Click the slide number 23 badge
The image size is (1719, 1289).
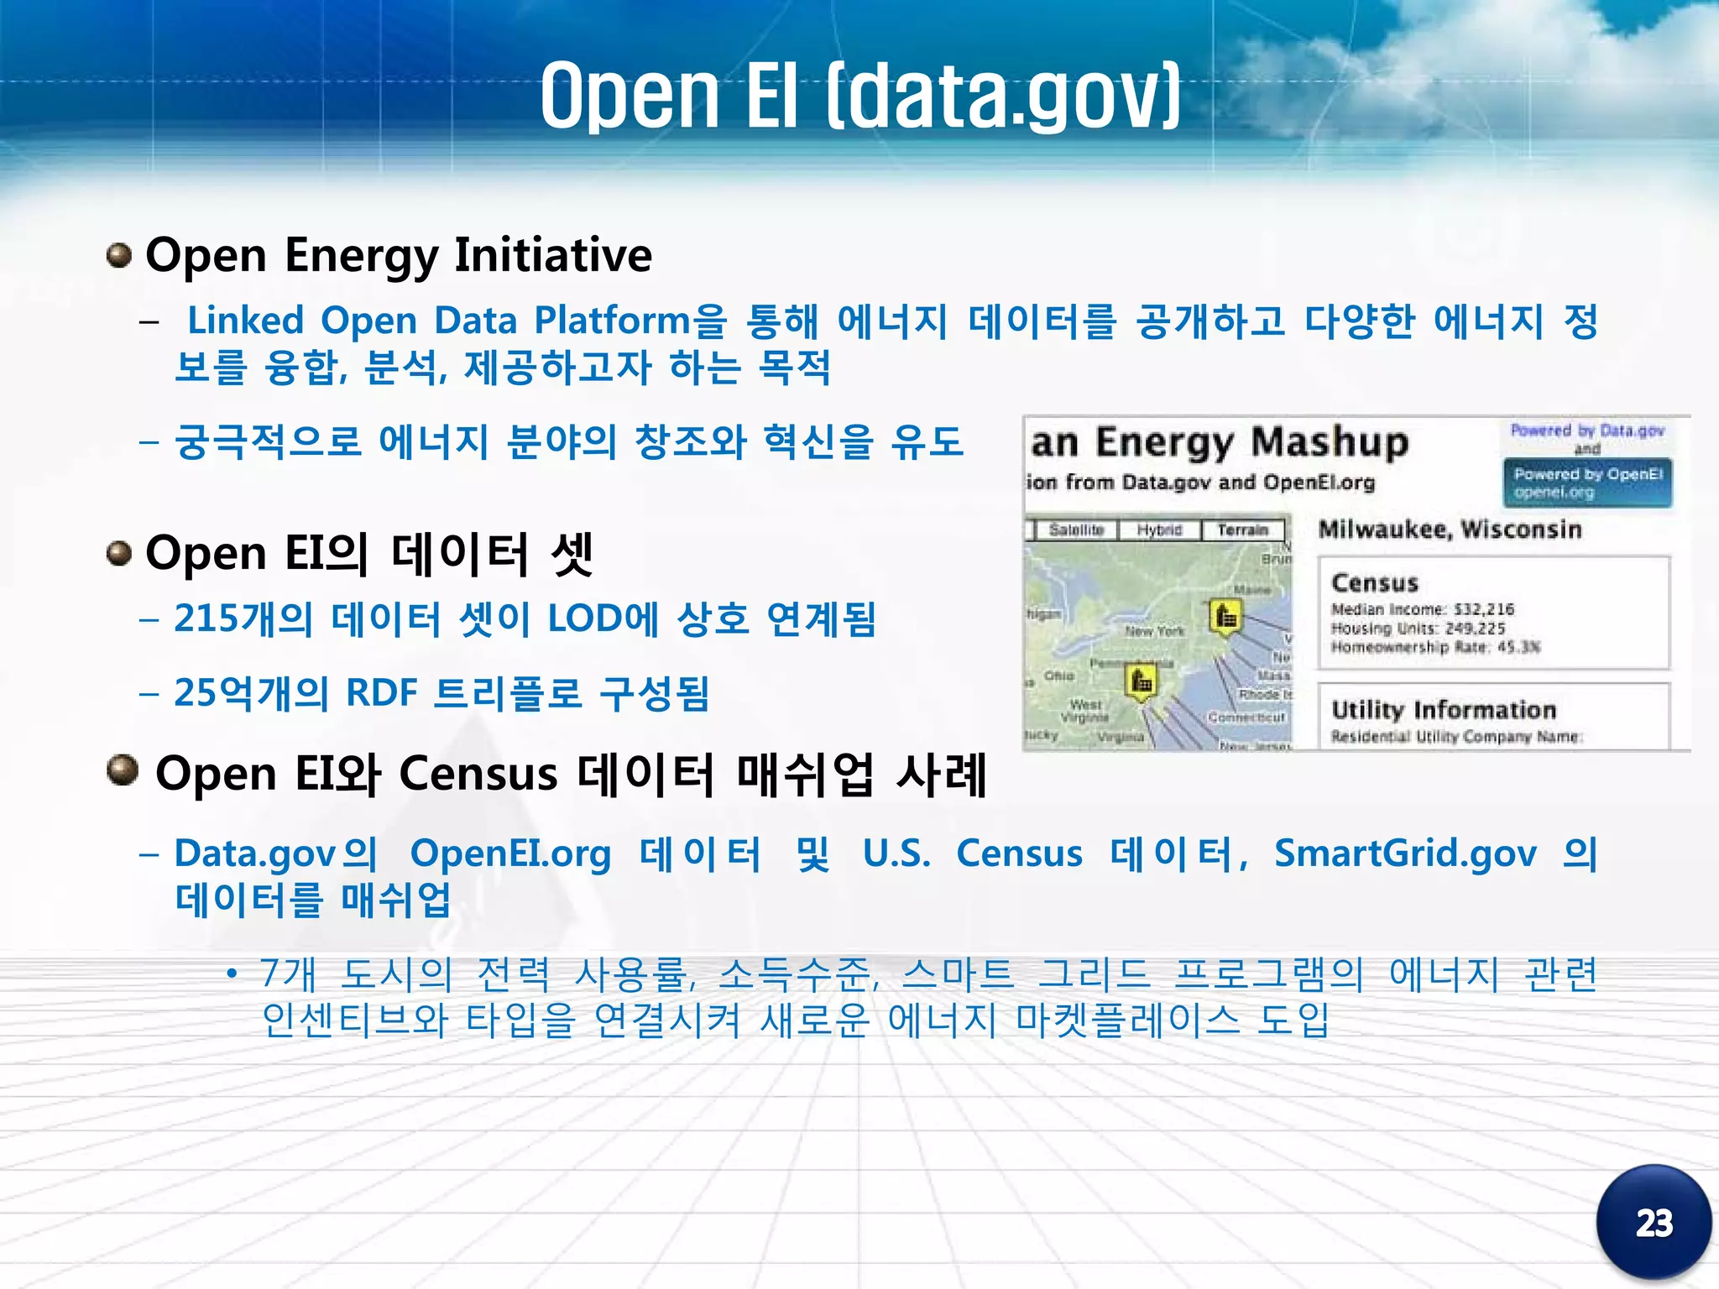click(1653, 1223)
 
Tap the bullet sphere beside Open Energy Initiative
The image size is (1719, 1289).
click(119, 255)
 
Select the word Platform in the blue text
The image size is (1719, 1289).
click(612, 321)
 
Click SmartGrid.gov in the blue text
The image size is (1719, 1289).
click(1405, 854)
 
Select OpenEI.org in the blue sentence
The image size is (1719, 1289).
click(510, 854)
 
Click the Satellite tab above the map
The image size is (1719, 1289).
click(1075, 530)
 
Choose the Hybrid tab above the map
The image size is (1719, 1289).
click(1159, 530)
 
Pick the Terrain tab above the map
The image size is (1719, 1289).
click(1242, 530)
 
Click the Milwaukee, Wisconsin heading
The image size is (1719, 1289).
click(1450, 530)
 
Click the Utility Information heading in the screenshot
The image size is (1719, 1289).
click(1444, 710)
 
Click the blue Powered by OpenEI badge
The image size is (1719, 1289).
click(1586, 483)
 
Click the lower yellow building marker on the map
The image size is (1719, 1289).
click(1142, 681)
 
